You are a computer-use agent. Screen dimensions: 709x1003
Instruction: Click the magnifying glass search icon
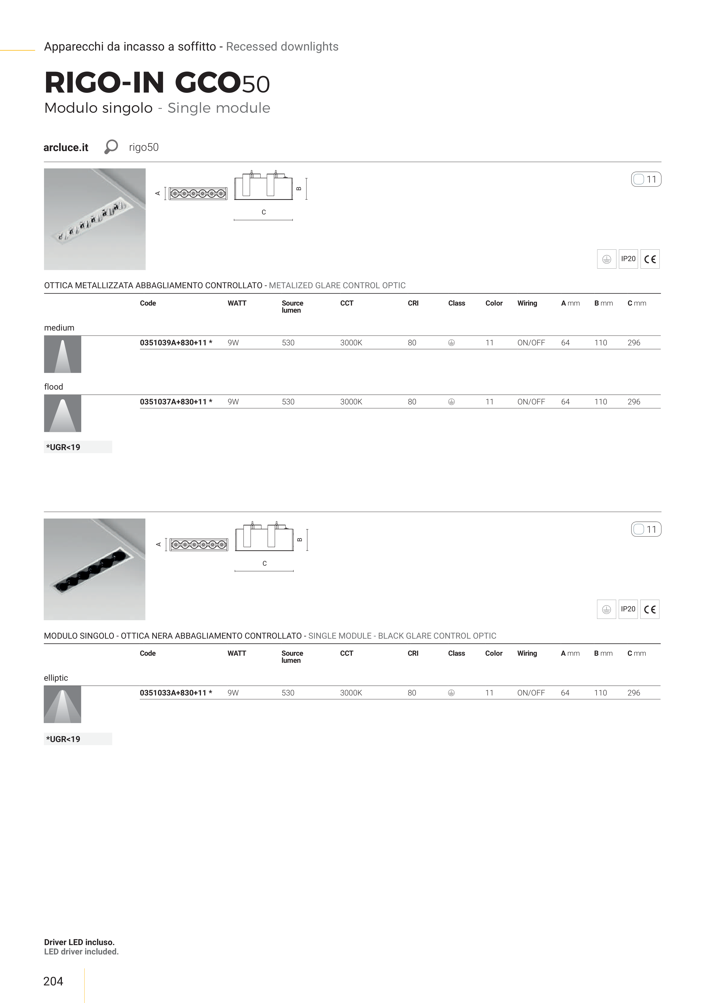pos(111,147)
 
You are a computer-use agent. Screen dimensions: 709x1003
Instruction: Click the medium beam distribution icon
pos(62,354)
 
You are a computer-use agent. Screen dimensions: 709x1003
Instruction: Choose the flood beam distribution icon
pos(62,413)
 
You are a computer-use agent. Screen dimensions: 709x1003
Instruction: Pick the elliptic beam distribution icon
pos(62,704)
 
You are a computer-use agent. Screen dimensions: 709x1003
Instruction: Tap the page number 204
pos(53,981)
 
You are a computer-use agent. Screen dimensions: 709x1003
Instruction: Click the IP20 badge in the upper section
pos(628,259)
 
